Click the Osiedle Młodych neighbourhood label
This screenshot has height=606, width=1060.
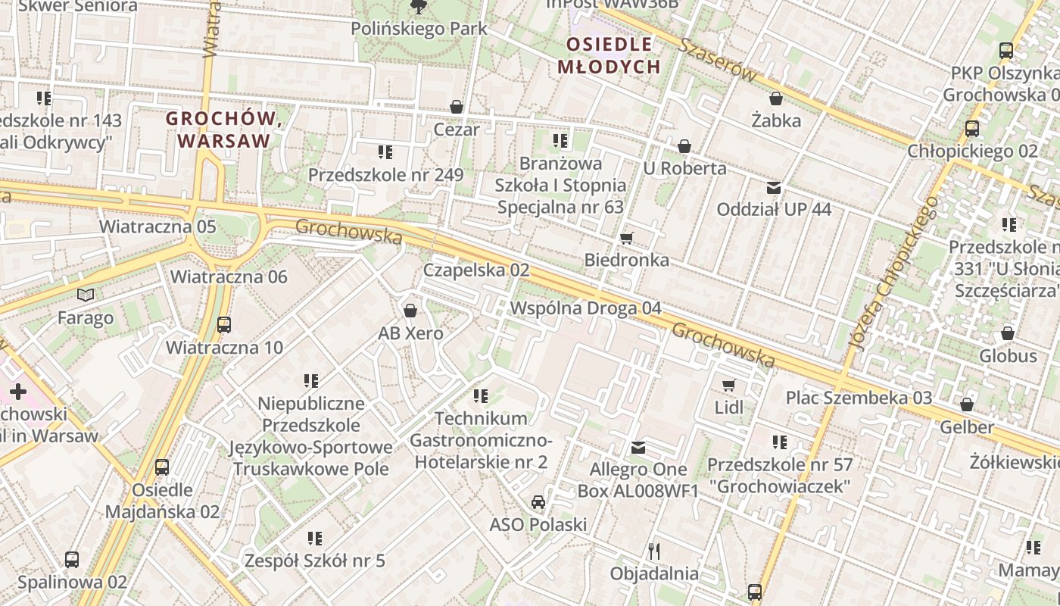pyautogui.click(x=609, y=55)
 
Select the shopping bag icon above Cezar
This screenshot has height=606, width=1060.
pyautogui.click(x=457, y=107)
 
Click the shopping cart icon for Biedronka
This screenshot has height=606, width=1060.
pyautogui.click(x=626, y=239)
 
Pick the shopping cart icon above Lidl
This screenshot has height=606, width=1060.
pyautogui.click(x=728, y=386)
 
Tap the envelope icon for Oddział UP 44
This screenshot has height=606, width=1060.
pyautogui.click(x=773, y=187)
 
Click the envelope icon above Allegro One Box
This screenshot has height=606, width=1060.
pyautogui.click(x=638, y=448)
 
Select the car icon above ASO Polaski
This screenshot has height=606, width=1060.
pyautogui.click(x=538, y=502)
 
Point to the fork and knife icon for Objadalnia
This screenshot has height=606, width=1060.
pyautogui.click(x=654, y=551)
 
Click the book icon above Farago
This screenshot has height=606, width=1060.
pyautogui.click(x=86, y=295)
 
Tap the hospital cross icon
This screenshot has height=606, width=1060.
pyautogui.click(x=17, y=392)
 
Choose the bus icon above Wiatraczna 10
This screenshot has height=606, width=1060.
pyautogui.click(x=224, y=325)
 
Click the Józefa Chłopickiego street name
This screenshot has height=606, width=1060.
pyautogui.click(x=893, y=273)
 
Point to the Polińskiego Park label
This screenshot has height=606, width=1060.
pyautogui.click(x=419, y=29)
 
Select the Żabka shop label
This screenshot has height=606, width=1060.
pyautogui.click(x=776, y=120)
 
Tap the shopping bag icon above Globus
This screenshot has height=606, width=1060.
pyautogui.click(x=1008, y=333)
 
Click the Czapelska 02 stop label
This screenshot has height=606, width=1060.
pyautogui.click(x=475, y=270)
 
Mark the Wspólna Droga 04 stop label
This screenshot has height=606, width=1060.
pyautogui.click(x=585, y=308)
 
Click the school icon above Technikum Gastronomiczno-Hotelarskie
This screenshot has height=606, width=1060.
pyautogui.click(x=480, y=395)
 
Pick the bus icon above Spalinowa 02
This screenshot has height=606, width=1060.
pyautogui.click(x=71, y=560)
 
